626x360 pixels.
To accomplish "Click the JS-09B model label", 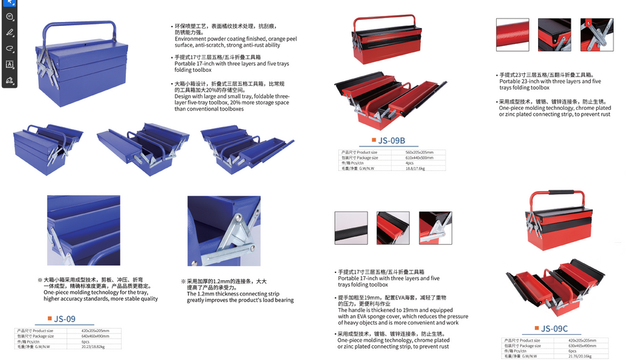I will tap(392, 140).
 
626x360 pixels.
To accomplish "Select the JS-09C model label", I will tap(554, 328).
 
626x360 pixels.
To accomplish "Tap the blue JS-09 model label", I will tap(65, 319).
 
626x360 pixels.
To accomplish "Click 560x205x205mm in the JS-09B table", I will tap(419, 152).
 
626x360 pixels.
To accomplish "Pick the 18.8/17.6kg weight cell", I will tap(415, 168).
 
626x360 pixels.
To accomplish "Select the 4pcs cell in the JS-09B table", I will tap(410, 163).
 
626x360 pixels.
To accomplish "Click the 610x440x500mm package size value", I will tap(420, 158).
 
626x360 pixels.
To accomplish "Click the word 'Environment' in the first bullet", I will tap(191, 39).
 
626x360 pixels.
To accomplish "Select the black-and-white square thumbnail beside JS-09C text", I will tap(351, 228).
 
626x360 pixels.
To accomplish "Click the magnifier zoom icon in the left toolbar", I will tap(9, 17).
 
